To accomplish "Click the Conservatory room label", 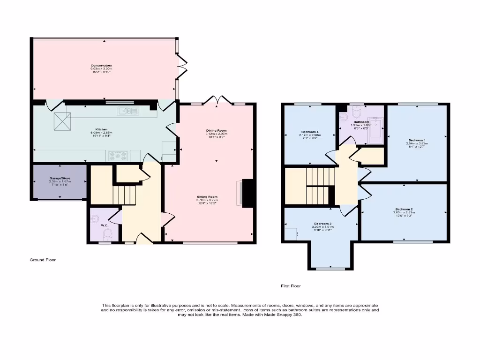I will click(x=101, y=66).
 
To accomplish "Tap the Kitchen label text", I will click(x=102, y=129).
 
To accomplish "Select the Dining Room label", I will click(x=216, y=130).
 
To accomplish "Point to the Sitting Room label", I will click(x=207, y=197).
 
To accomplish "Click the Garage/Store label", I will click(x=59, y=178).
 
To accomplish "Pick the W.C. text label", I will click(x=104, y=225).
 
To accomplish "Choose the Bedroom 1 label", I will click(x=417, y=140).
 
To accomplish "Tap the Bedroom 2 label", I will click(x=404, y=209).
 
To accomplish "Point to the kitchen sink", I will click(x=128, y=111).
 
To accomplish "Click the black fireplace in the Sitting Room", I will click(x=248, y=193).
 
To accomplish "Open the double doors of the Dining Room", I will click(x=216, y=99).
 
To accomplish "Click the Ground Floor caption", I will click(x=43, y=260).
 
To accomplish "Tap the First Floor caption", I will click(x=290, y=285).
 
